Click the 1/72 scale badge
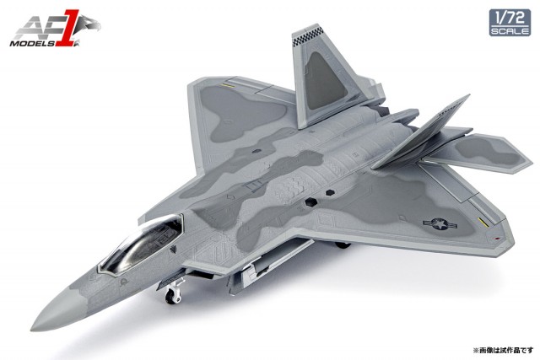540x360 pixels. (510, 23)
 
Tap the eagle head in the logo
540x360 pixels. (89, 24)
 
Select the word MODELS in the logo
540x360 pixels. (32, 43)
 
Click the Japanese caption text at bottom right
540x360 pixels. (503, 351)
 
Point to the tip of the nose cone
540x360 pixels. (31, 329)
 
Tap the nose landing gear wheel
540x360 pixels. (171, 296)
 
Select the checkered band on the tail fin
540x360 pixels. (309, 36)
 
